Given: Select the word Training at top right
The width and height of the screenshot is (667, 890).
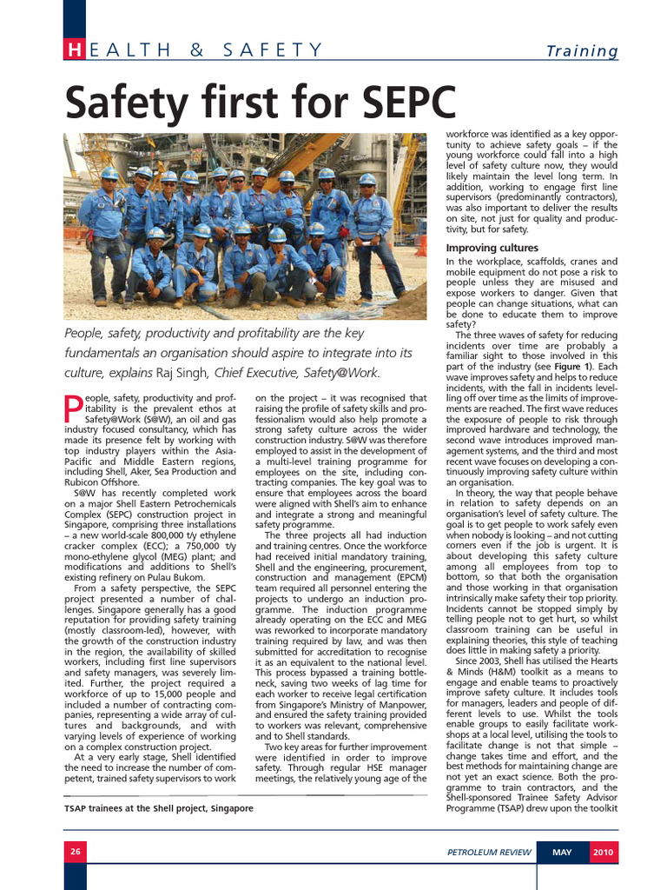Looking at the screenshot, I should pyautogui.click(x=581, y=51).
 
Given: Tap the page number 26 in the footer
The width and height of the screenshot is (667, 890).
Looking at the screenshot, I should pyautogui.click(x=76, y=853).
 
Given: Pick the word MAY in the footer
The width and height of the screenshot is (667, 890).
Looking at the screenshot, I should pyautogui.click(x=562, y=853).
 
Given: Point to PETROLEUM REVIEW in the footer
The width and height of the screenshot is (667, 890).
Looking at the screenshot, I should pyautogui.click(x=488, y=853).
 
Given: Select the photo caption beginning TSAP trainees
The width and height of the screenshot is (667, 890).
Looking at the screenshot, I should pyautogui.click(x=159, y=808).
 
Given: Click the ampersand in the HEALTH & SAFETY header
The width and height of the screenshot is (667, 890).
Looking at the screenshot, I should pyautogui.click(x=196, y=50).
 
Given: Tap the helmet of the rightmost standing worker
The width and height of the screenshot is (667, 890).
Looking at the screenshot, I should pyautogui.click(x=368, y=180).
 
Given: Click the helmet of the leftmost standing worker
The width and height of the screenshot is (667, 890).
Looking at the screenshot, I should pyautogui.click(x=109, y=173).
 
